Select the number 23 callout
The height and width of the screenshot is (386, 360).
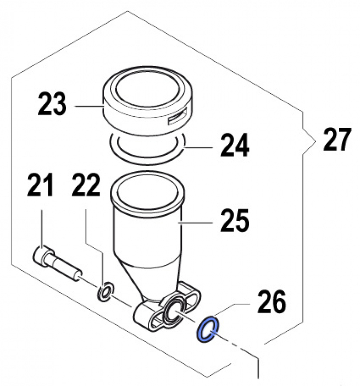click(x=52, y=105)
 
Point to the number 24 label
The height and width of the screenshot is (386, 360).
click(x=235, y=146)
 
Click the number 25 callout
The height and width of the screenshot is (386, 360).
click(x=235, y=222)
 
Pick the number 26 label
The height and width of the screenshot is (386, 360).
click(x=272, y=302)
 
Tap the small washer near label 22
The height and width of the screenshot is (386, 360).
click(x=106, y=291)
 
